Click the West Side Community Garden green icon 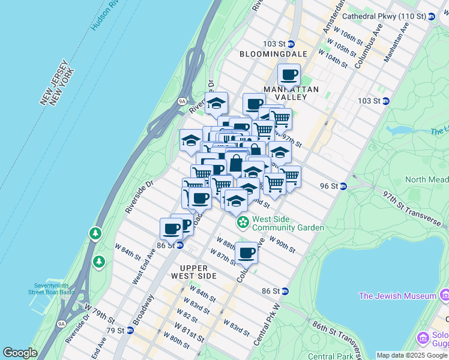pyautogui.click(x=243, y=223)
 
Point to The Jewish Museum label pyautogui.click(x=397, y=296)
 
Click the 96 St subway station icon pyautogui.click(x=343, y=186)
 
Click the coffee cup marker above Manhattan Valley pyautogui.click(x=289, y=75)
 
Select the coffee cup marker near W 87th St pyautogui.click(x=246, y=253)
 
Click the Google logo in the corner pyautogui.click(x=20, y=353)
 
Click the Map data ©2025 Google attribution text pyautogui.click(x=412, y=355)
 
